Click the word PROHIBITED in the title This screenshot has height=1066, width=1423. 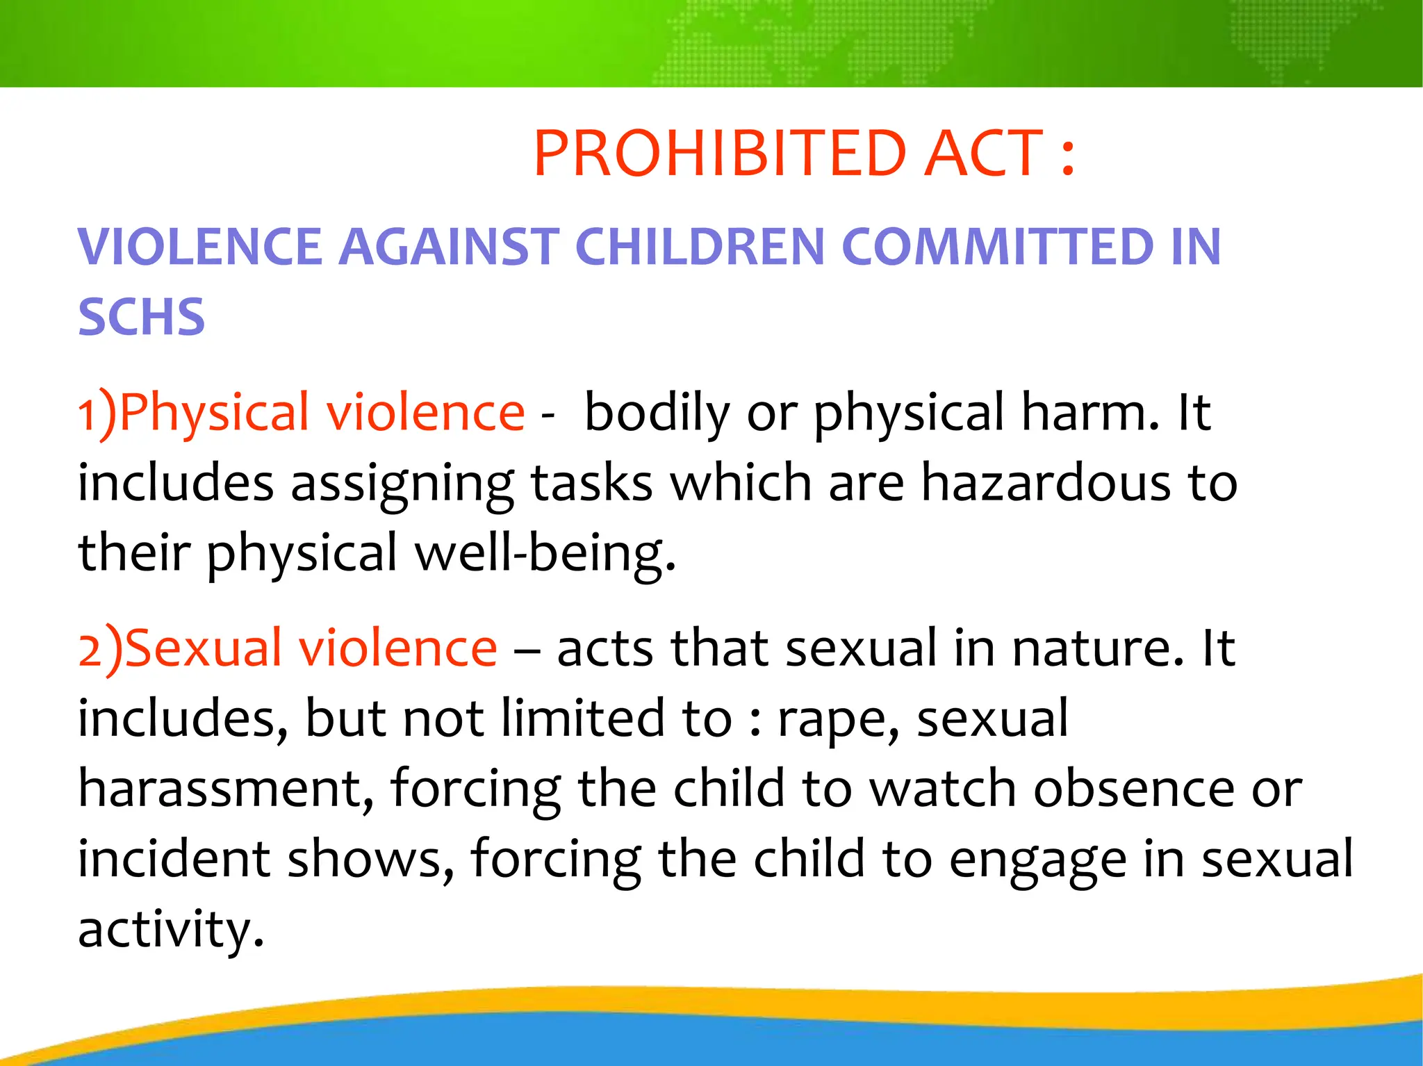(x=720, y=154)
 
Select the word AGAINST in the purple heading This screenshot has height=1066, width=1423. (x=449, y=247)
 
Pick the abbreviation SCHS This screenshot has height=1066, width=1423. (x=141, y=317)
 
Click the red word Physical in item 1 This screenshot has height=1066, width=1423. (x=214, y=413)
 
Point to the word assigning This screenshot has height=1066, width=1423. (x=402, y=484)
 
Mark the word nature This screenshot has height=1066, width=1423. (x=1098, y=648)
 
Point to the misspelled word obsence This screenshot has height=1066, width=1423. (x=1134, y=789)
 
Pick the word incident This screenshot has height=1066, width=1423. (x=174, y=859)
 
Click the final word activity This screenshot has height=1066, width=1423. (x=171, y=930)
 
